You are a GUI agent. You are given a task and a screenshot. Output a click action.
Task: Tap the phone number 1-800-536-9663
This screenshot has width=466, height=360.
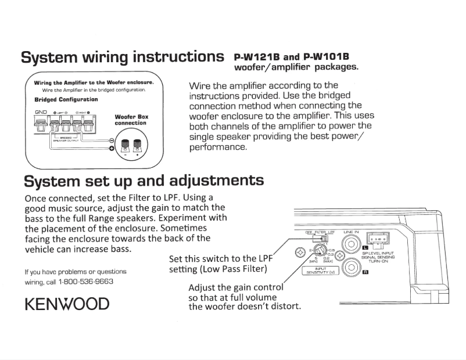click(85, 282)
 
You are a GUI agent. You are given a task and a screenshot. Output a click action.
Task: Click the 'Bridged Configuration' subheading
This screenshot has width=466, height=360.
click(66, 99)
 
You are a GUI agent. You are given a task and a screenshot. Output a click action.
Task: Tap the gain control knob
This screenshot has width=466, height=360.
click(319, 252)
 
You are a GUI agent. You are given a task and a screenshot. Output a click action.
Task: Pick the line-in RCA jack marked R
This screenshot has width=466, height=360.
click(351, 267)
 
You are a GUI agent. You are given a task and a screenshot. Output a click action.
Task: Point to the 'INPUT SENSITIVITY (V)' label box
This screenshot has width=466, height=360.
click(320, 270)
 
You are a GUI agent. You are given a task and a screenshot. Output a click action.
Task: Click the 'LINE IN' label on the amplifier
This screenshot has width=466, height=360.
click(352, 232)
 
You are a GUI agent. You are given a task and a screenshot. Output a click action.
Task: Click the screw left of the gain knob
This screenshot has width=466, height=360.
click(300, 252)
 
